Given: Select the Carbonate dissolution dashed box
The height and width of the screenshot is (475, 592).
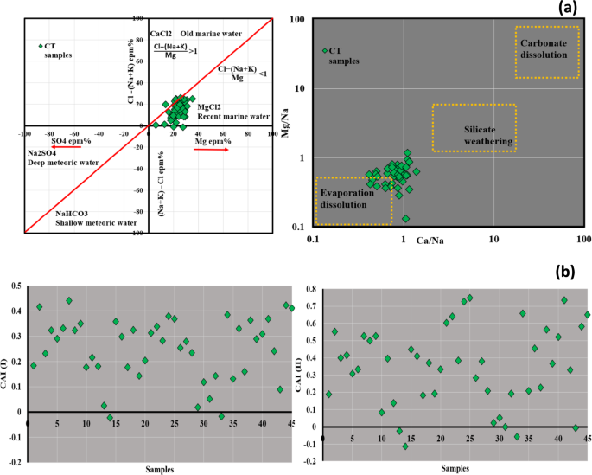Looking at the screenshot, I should click(545, 52).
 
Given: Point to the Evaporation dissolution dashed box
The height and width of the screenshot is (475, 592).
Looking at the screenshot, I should click(353, 200).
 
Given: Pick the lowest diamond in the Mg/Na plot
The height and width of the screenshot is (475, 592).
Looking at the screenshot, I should click(405, 219).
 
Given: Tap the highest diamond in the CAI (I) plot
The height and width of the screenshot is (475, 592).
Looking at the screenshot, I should click(69, 301).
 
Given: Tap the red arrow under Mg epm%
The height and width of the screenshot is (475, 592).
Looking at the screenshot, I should click(211, 150).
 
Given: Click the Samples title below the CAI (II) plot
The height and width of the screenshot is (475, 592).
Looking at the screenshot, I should click(455, 468).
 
